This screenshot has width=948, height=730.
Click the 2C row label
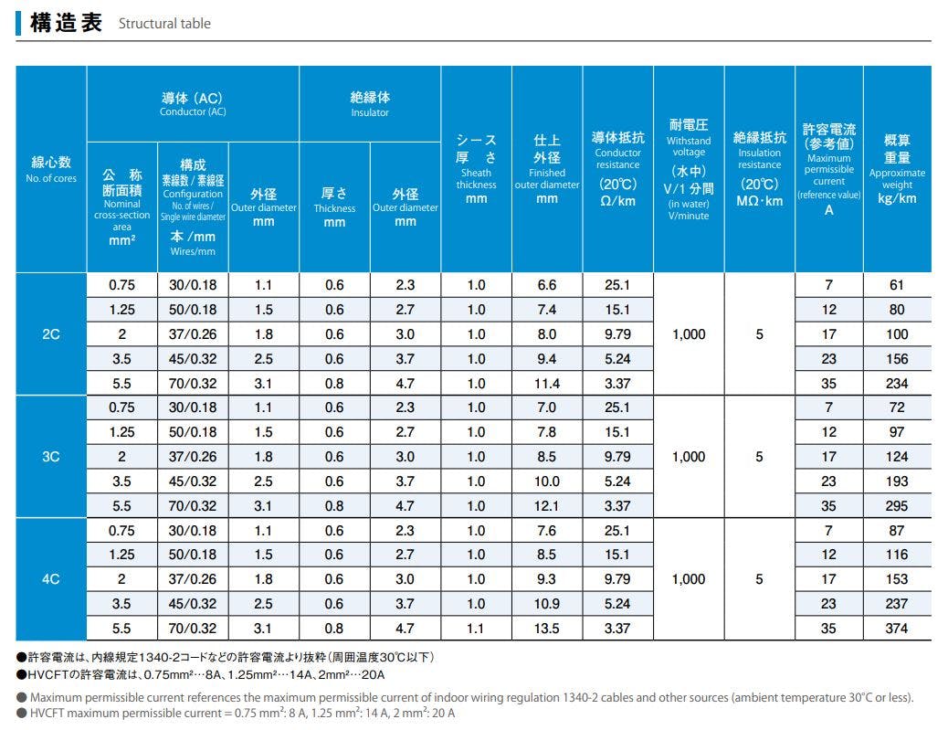(x=51, y=334)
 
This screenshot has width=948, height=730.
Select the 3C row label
(x=51, y=457)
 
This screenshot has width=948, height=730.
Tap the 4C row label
(x=51, y=579)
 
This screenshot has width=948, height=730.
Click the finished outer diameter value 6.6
(x=547, y=285)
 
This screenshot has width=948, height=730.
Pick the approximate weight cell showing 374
(x=897, y=629)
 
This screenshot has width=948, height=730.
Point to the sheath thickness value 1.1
(x=477, y=629)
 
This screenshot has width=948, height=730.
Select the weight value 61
(x=897, y=285)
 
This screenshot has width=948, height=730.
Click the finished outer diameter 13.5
(x=547, y=629)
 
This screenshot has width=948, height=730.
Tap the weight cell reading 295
(x=897, y=506)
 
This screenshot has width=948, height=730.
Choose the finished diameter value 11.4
(x=547, y=384)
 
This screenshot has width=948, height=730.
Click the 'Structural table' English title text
(x=164, y=24)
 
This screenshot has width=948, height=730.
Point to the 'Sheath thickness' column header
(x=477, y=169)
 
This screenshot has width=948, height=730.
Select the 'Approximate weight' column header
(x=897, y=169)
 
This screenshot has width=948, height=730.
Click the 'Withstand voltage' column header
(x=689, y=169)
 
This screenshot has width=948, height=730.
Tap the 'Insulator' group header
(x=370, y=103)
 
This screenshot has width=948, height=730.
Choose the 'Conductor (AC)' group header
(x=193, y=103)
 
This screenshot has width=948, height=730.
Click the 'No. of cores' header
(x=51, y=169)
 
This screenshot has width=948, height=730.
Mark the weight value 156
(x=897, y=359)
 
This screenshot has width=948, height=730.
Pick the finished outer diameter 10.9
(x=547, y=604)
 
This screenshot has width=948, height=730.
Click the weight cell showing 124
(x=897, y=457)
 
